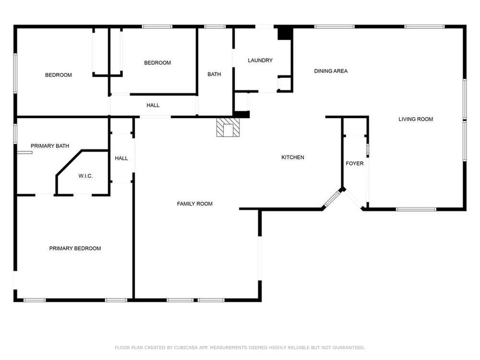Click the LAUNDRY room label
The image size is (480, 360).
pyautogui.click(x=260, y=60)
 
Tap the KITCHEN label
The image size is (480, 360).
pyautogui.click(x=293, y=157)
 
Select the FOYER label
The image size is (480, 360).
pyautogui.click(x=355, y=164)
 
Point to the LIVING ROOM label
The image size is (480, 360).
pyautogui.click(x=416, y=119)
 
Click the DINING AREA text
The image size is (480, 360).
pyautogui.click(x=331, y=71)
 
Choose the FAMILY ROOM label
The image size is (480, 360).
pyautogui.click(x=195, y=204)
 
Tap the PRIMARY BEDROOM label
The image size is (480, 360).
pyautogui.click(x=75, y=249)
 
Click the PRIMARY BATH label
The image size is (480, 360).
pyautogui.click(x=50, y=146)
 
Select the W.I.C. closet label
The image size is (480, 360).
pyautogui.click(x=85, y=176)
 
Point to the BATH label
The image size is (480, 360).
pyautogui.click(x=214, y=74)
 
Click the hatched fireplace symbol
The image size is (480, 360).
pyautogui.click(x=228, y=127)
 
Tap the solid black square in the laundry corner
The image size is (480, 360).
pyautogui.click(x=284, y=34)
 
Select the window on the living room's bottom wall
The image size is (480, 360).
pyautogui.click(x=416, y=209)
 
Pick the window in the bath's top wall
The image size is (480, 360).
pyautogui.click(x=215, y=26)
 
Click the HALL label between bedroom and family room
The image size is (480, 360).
pyautogui.click(x=153, y=105)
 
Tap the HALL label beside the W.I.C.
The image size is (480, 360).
pyautogui.click(x=121, y=158)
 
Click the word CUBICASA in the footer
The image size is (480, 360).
pyautogui.click(x=186, y=348)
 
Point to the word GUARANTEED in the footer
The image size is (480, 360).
pyautogui.click(x=348, y=348)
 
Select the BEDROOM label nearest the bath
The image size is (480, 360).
pyautogui.click(x=157, y=63)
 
